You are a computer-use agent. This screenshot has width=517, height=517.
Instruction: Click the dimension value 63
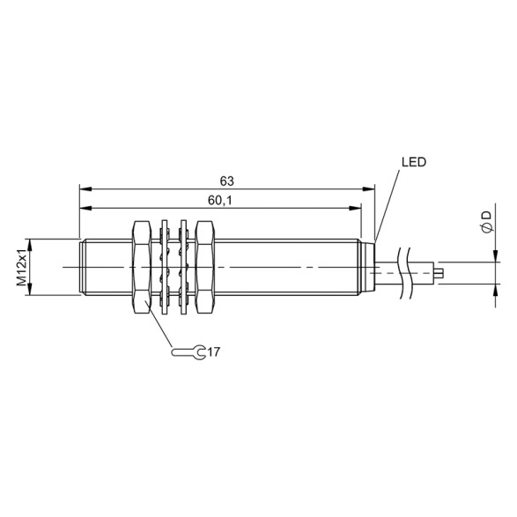point(226,180)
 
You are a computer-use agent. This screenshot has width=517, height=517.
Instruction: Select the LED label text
point(413,162)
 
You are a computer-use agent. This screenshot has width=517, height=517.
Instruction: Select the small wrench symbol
point(190,352)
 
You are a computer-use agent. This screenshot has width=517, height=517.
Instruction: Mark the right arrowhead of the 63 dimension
point(370,188)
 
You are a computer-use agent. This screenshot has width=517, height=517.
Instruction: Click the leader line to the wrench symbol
point(159,330)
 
